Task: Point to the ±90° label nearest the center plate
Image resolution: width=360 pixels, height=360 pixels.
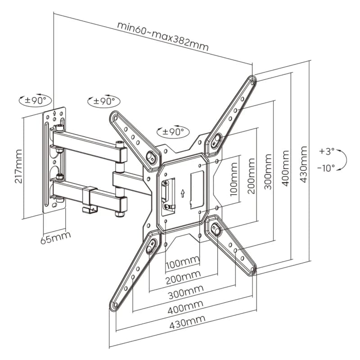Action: point(174,132)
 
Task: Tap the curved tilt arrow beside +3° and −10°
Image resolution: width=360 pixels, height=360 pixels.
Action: point(343,159)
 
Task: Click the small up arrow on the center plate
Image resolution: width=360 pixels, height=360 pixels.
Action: point(182,193)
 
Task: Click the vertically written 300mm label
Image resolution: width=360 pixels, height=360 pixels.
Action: point(269,172)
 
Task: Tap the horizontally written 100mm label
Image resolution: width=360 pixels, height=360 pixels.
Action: point(182,261)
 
